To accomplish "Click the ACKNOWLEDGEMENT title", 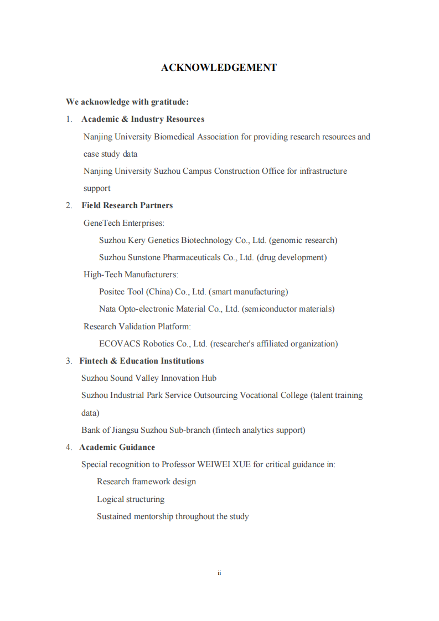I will tap(219, 68).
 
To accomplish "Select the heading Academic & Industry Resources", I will tap(143, 119).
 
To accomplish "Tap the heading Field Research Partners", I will tap(127, 205).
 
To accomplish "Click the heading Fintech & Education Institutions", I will tap(141, 361).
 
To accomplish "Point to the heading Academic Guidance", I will tap(117, 447).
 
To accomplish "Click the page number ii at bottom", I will tap(219, 573).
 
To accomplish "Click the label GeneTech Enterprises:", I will tap(124, 223).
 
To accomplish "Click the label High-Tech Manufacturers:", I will tap(131, 275).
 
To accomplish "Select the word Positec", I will tap(112, 292).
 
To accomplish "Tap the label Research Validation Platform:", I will tap(137, 327).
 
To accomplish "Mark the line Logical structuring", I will tap(131, 499).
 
